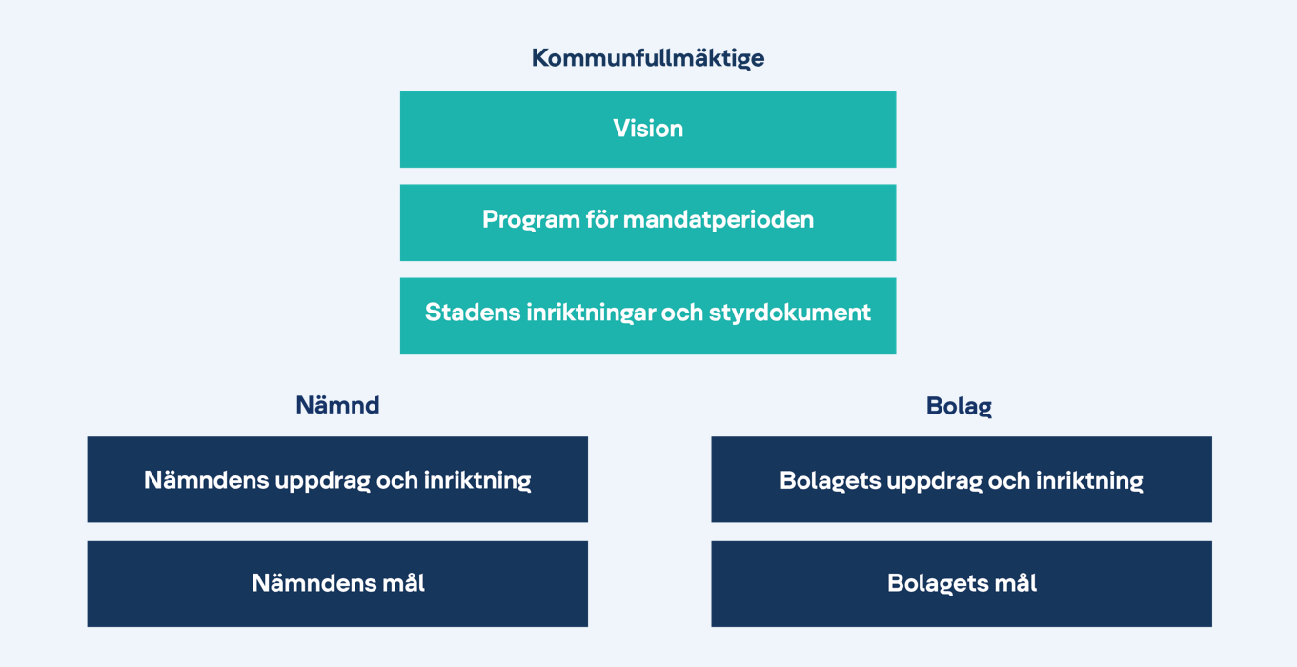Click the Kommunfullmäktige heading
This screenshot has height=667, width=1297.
pyautogui.click(x=648, y=58)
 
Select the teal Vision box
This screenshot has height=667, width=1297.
pyautogui.click(x=648, y=130)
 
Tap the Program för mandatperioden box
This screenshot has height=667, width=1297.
pyautogui.click(x=648, y=223)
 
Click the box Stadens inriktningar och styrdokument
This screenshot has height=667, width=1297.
pyautogui.click(x=648, y=316)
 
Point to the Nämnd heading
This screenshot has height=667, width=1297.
pyautogui.click(x=337, y=405)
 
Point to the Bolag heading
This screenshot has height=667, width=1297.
pyautogui.click(x=959, y=406)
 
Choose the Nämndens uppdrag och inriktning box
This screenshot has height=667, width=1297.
pyautogui.click(x=337, y=479)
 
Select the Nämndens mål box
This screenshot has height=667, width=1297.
pyautogui.click(x=337, y=583)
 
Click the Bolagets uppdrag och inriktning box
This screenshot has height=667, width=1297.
pyautogui.click(x=962, y=479)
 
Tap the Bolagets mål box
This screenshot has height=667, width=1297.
pyautogui.click(x=962, y=583)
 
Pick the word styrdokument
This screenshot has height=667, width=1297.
pyautogui.click(x=790, y=313)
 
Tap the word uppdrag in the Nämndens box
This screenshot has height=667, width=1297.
pyautogui.click(x=322, y=481)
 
